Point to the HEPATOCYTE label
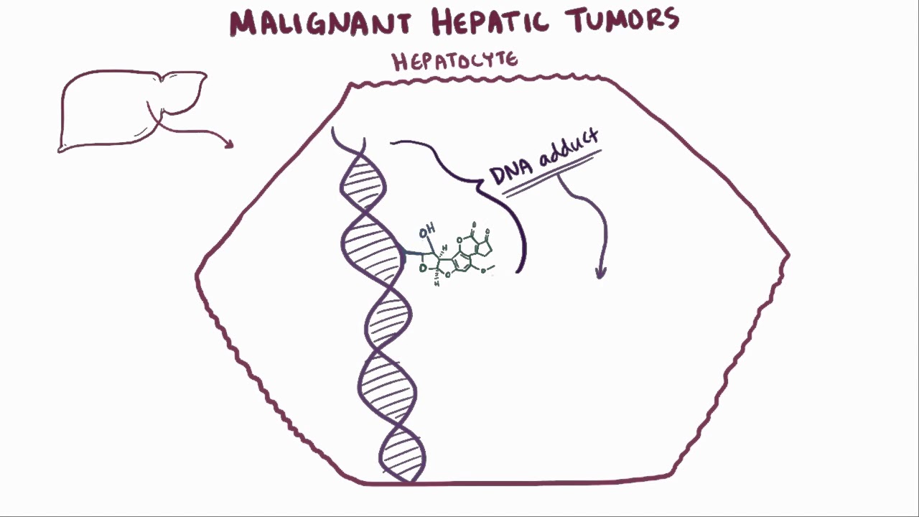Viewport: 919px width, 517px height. [454, 61]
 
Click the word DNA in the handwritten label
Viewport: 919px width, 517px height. [512, 173]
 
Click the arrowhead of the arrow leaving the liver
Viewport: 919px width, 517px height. [230, 144]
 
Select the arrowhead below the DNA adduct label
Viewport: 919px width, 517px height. [601, 273]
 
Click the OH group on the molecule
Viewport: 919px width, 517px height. [426, 232]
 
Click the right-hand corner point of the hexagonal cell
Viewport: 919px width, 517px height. [788, 254]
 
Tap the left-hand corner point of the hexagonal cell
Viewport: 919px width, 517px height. [197, 275]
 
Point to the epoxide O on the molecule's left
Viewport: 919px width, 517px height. [423, 269]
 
